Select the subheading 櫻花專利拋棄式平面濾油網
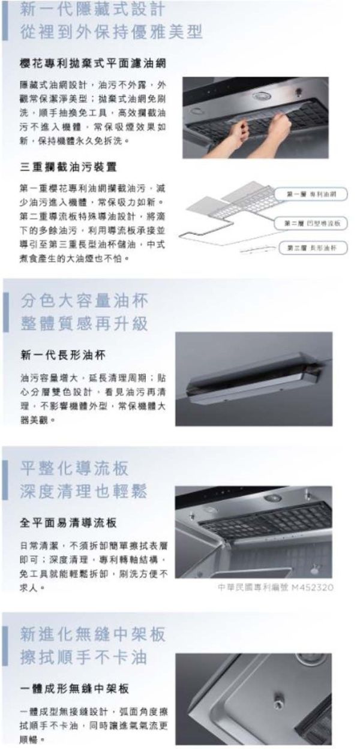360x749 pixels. [93, 64]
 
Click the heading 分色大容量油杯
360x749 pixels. [84, 300]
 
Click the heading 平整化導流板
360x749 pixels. [74, 468]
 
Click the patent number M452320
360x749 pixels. [312, 587]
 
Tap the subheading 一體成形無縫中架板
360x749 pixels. [74, 688]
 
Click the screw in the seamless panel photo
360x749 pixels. [280, 696]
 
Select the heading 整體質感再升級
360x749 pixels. [84, 324]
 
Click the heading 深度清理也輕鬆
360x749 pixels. [84, 492]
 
